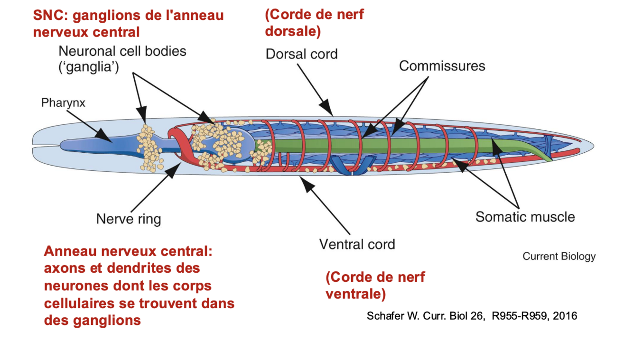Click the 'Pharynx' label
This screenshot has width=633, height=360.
tap(63, 102)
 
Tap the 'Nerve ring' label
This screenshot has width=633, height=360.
tap(129, 219)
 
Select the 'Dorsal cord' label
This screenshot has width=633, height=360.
tap(301, 54)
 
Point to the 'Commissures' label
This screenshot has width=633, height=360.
tap(442, 65)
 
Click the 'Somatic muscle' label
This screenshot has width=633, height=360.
tap(525, 217)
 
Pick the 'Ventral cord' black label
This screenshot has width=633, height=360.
tap(357, 245)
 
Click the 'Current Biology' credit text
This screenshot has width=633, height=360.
tap(559, 257)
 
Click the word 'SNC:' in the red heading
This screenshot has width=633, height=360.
tap(49, 15)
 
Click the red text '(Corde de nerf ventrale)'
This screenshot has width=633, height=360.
tap(375, 285)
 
